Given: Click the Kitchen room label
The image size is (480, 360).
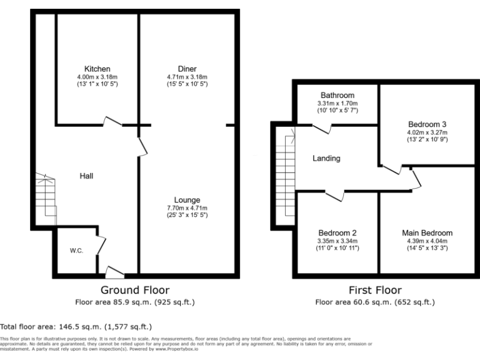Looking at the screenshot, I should pos(97,69).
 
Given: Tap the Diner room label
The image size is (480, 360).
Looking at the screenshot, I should pos(187,69).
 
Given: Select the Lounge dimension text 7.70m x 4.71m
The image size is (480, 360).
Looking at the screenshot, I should pos(187,208).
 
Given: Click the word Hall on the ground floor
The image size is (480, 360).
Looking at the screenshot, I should pos(86,176).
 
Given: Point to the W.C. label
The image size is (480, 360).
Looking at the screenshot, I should pos(77,251).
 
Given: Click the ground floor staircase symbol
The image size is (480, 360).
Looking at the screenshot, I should pos(44,197).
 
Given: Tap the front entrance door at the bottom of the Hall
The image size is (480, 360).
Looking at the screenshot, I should pos(114,271).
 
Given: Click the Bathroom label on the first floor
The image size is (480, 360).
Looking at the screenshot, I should pos(337,95).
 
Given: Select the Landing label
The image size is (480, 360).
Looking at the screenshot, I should pos(326,159).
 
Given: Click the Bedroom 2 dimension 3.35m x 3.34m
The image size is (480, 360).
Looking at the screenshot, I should pos(337,241).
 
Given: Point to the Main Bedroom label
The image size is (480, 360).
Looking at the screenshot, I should pos(427,232).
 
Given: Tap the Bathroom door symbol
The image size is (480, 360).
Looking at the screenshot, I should pos(322,128).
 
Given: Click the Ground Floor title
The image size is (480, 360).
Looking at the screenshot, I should pos(135,290).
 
